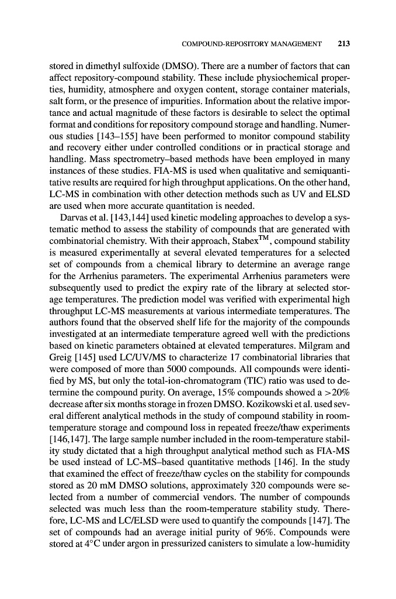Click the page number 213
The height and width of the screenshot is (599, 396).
coord(342,43)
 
